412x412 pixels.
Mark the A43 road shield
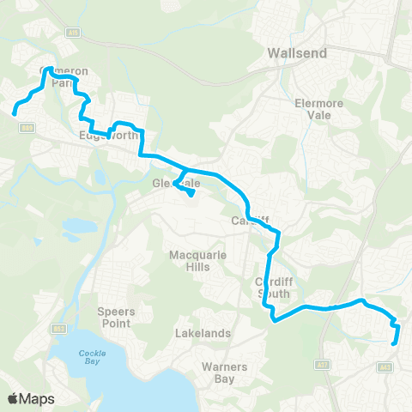385,365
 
